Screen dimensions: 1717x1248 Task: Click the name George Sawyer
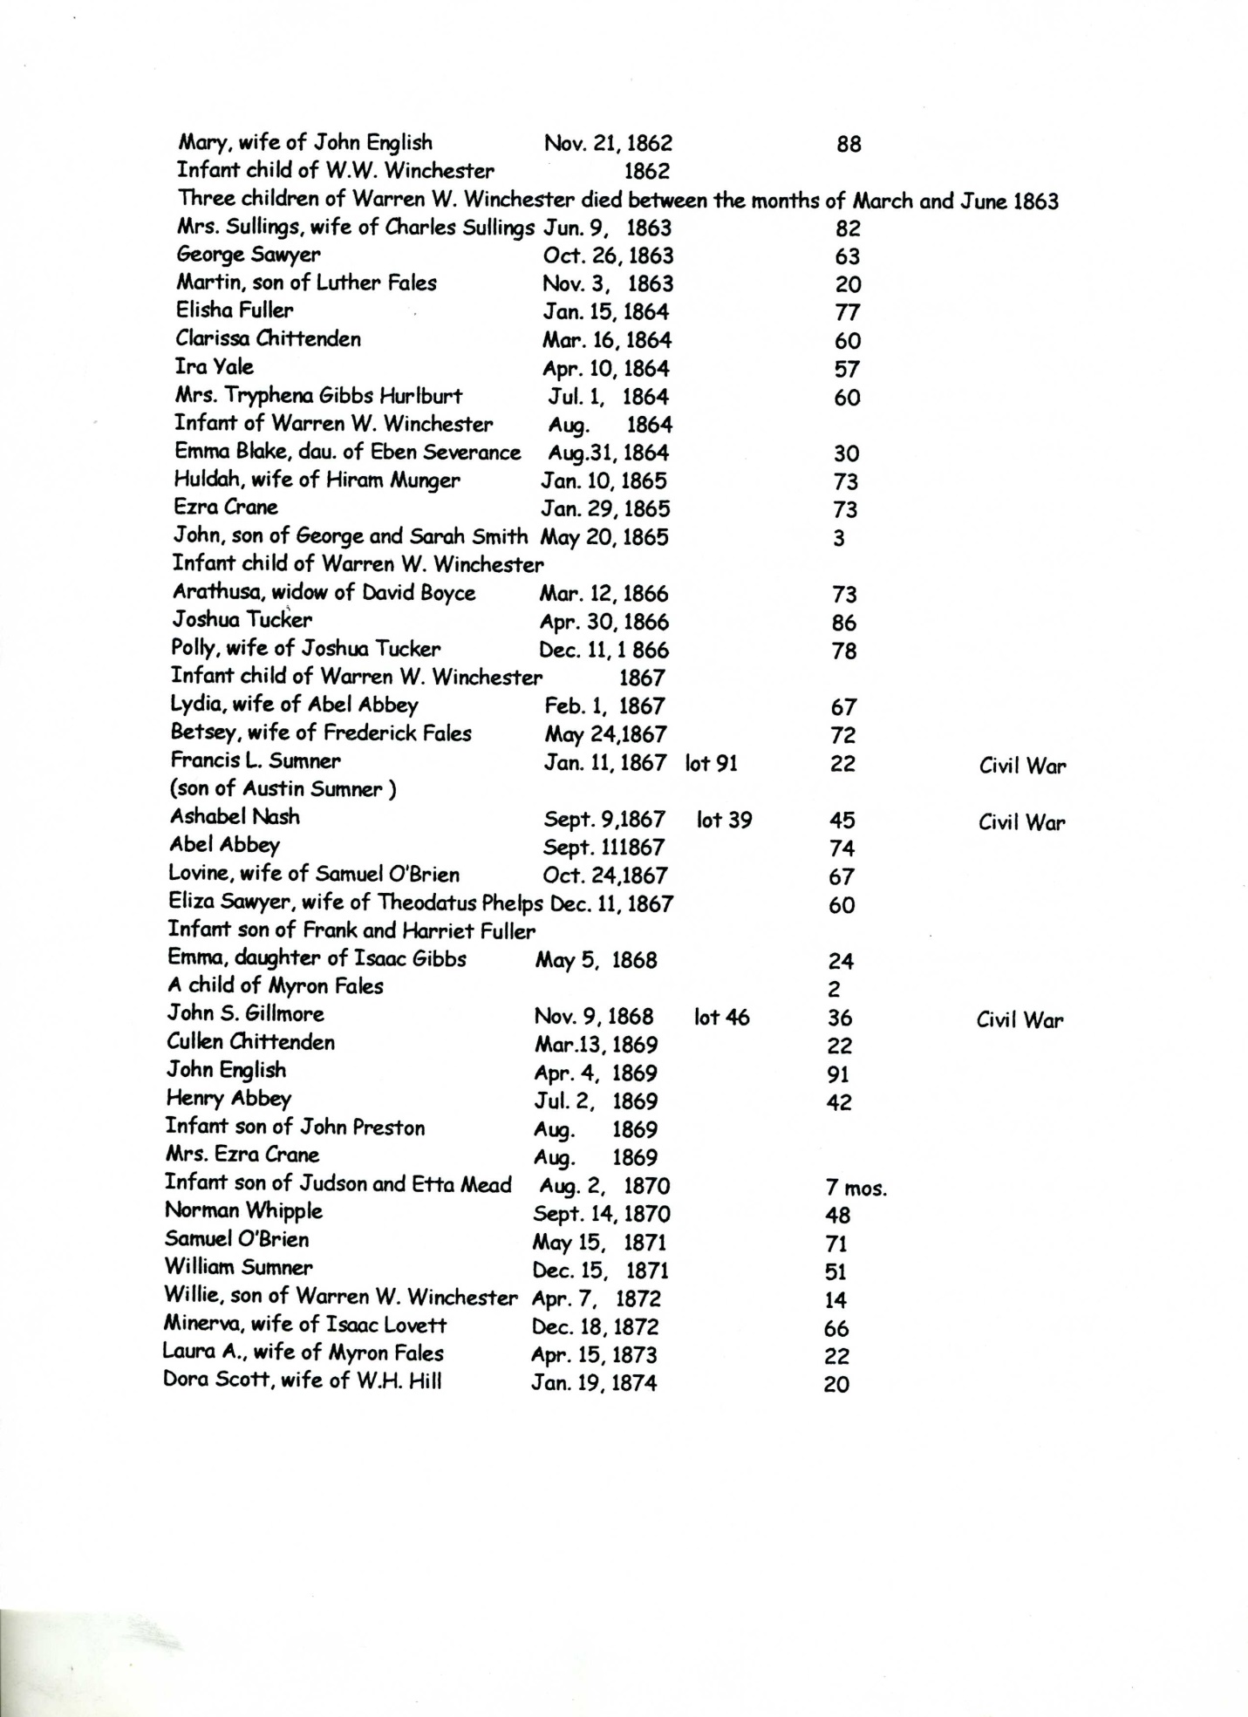tap(248, 256)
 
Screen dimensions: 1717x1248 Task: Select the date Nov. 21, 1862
tap(608, 143)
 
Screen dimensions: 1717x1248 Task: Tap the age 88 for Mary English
tap(848, 145)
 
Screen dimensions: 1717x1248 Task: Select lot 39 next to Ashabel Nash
tap(724, 820)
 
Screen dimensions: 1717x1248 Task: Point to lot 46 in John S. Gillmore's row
tap(721, 1017)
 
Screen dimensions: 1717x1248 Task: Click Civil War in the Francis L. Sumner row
tap(1022, 767)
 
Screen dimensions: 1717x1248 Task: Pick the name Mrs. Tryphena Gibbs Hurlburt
tap(318, 396)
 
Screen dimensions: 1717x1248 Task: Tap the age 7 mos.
tap(855, 1188)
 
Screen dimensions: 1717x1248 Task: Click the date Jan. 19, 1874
tap(594, 1383)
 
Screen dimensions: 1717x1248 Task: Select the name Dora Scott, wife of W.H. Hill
tap(302, 1381)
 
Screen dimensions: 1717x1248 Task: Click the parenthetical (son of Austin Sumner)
tap(283, 790)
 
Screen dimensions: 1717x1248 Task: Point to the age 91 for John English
tap(837, 1074)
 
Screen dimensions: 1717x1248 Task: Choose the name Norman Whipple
tap(243, 1211)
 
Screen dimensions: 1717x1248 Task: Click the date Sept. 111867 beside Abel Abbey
tap(604, 848)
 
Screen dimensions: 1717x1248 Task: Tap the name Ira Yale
tap(215, 367)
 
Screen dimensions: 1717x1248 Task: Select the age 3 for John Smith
tap(838, 539)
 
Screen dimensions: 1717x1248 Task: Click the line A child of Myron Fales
tap(275, 987)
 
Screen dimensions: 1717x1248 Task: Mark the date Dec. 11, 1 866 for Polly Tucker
tap(604, 651)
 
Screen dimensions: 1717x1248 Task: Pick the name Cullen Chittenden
tap(250, 1042)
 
